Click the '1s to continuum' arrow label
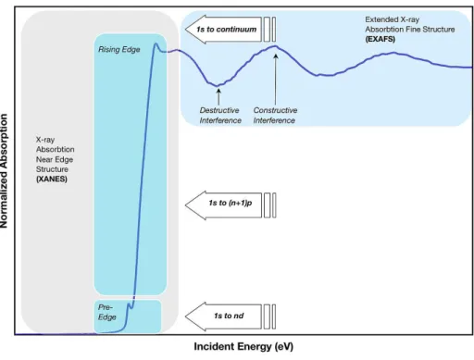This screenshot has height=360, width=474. coord(227,30)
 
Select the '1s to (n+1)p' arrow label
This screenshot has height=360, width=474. coord(231,203)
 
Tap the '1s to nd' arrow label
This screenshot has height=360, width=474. coord(229,316)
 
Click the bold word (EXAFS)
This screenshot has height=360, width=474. coord(380,39)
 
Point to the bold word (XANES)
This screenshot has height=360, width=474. coord(52,179)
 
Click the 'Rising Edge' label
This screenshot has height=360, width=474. coord(119,49)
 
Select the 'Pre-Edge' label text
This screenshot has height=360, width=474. coord(107,312)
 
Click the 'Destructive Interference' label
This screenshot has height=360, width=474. coord(220,115)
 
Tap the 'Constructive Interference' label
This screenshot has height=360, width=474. coord(275,115)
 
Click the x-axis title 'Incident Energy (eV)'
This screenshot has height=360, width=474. coord(243,346)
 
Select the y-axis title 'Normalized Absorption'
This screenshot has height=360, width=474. coord(4,171)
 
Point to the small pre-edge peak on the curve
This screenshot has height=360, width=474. coord(129,304)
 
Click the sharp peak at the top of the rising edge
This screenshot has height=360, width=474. coord(156,44)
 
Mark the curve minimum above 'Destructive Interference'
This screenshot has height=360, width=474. coord(217,85)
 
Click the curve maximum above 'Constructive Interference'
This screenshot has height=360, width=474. coord(276,46)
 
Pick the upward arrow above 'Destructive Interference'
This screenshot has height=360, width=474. coord(218,97)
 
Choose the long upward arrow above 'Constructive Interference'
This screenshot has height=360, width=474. coord(276,80)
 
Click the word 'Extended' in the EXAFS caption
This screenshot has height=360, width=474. coord(381,19)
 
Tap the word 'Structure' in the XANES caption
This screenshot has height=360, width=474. coord(52,169)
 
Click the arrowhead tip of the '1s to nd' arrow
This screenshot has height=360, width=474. coord(185,317)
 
